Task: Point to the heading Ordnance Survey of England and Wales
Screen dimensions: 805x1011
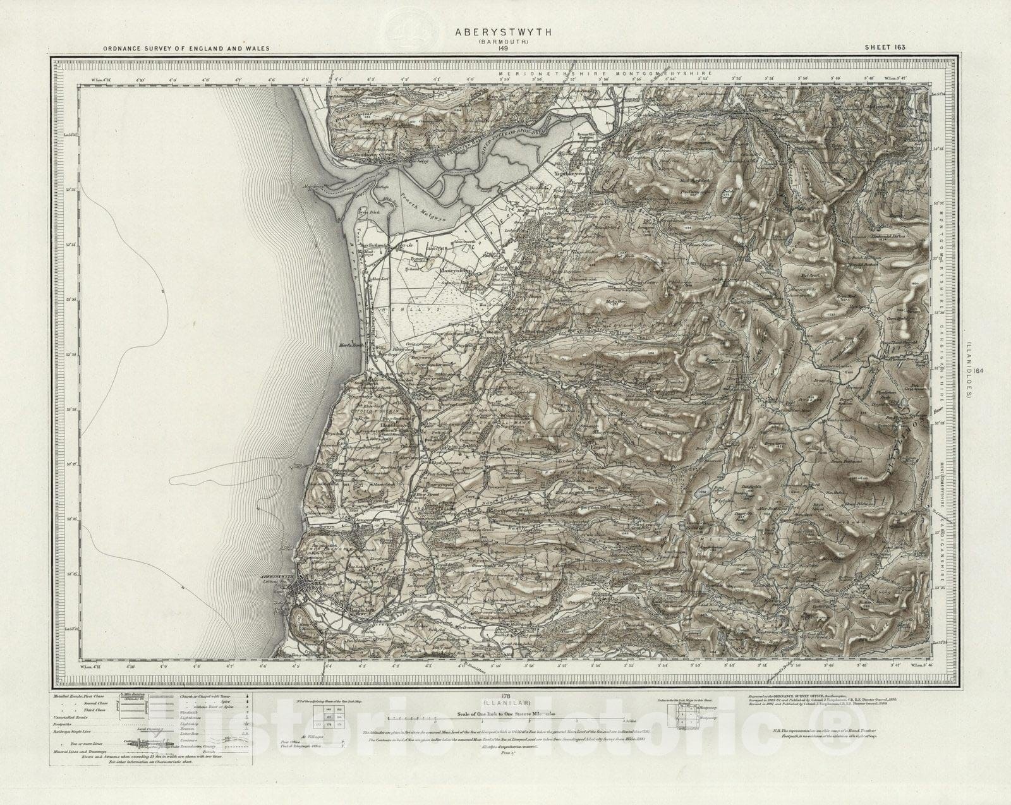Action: pos(186,49)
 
